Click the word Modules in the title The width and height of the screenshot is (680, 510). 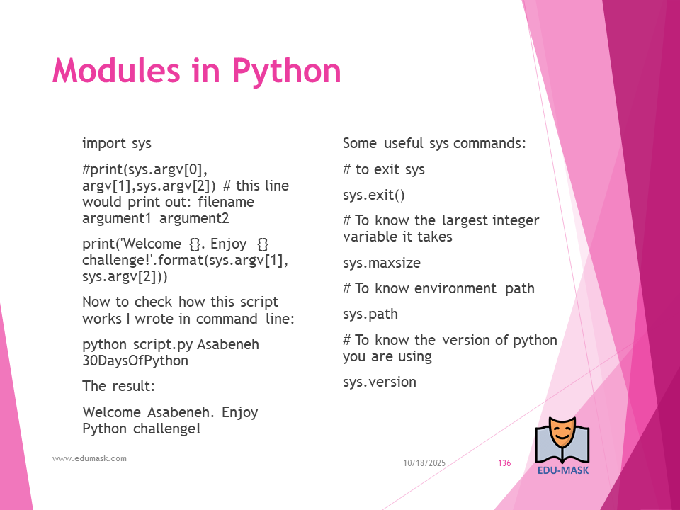[x=115, y=70]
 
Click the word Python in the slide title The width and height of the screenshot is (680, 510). [x=287, y=72]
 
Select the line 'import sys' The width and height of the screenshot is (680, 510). [x=117, y=143]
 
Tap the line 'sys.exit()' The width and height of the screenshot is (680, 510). [x=374, y=195]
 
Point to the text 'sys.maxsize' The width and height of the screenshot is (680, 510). [x=382, y=263]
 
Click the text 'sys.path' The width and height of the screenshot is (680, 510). [x=370, y=314]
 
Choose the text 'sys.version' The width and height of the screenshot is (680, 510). [x=380, y=382]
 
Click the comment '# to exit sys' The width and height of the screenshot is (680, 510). [x=384, y=169]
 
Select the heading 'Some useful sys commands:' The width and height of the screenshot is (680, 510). [x=434, y=143]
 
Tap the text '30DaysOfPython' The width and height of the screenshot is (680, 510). [x=135, y=361]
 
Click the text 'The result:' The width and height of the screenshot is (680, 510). [x=118, y=386]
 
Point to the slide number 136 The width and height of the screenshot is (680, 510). [x=504, y=463]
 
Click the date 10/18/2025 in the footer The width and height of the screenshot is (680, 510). [x=424, y=463]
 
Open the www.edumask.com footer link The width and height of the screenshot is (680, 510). [x=89, y=458]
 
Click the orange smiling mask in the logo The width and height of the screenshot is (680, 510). [x=562, y=434]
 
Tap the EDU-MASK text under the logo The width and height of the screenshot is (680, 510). [x=563, y=470]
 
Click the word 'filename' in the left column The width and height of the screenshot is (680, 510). [x=226, y=202]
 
